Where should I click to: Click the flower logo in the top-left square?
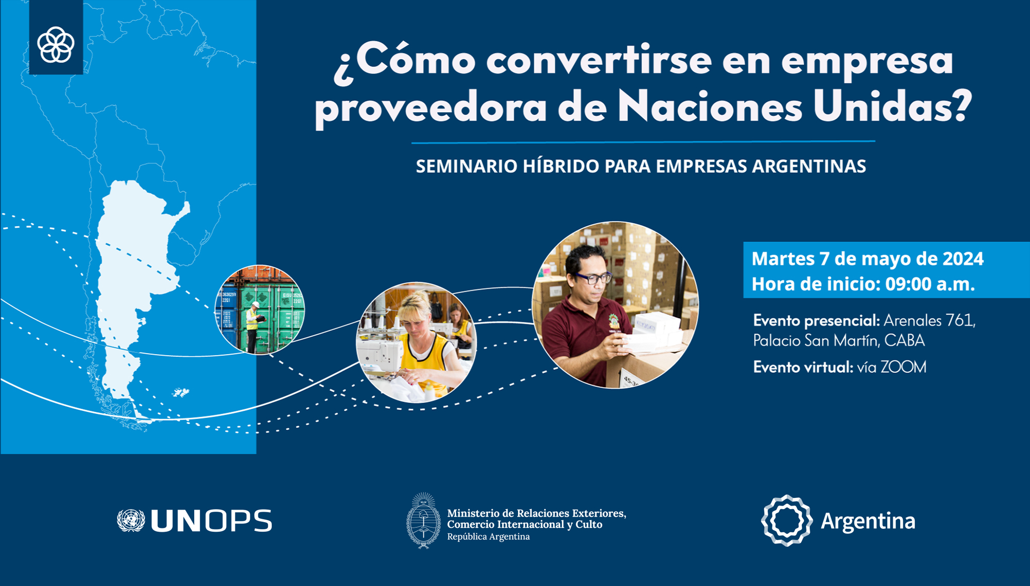click(x=56, y=45)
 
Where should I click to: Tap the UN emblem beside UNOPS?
click(x=131, y=521)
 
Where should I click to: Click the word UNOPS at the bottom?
click(x=211, y=521)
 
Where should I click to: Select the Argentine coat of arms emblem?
click(x=423, y=521)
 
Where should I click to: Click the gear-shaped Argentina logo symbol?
click(x=786, y=521)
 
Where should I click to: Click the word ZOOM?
click(x=903, y=367)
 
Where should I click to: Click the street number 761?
click(x=960, y=321)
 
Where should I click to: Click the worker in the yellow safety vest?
click(x=252, y=327)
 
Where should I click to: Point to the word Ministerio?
click(x=473, y=513)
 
